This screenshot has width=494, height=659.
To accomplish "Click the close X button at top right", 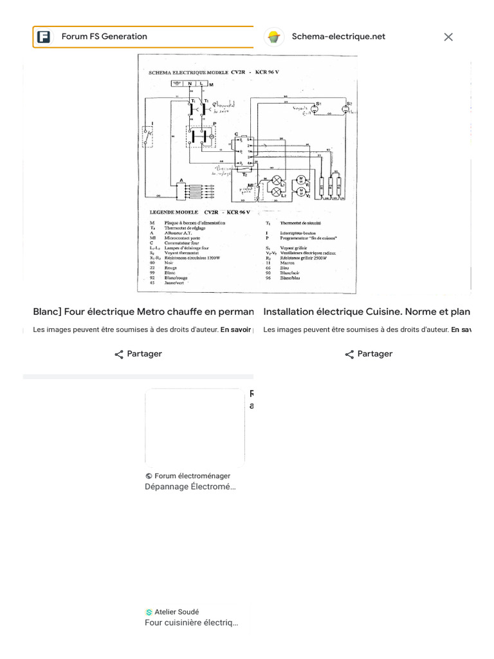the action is [448, 37].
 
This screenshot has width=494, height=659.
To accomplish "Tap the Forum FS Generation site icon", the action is [44, 37].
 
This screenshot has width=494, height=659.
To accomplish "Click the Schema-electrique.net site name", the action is [338, 37].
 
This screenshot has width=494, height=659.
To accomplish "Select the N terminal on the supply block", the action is [190, 84].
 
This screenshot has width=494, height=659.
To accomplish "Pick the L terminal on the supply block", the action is [202, 84].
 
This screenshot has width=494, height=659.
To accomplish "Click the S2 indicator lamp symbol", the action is [345, 109].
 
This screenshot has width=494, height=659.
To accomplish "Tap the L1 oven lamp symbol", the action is [277, 180].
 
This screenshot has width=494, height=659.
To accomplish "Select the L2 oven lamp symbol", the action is [277, 192].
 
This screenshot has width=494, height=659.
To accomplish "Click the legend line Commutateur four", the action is [181, 243].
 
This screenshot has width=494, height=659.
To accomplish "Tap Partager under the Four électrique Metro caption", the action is [138, 354].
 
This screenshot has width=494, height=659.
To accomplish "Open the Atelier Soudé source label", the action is [176, 612].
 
